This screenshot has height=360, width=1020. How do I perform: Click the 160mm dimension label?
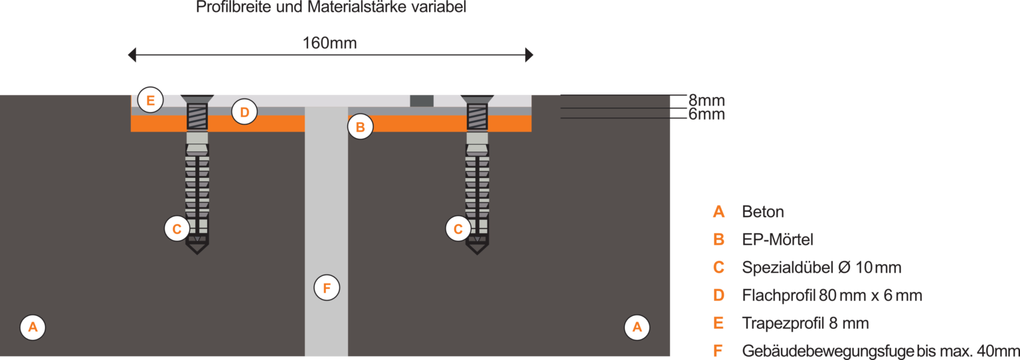coord(330,43)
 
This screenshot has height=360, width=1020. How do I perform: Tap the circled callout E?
coord(151,101)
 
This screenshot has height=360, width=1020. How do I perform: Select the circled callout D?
coord(244,112)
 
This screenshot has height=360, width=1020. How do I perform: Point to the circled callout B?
coord(360,127)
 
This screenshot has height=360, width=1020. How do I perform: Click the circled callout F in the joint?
coord(326,288)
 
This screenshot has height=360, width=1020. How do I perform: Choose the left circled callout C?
coord(177,228)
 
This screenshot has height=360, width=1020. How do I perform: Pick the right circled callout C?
coord(458,228)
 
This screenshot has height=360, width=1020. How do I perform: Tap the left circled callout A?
coord(33,327)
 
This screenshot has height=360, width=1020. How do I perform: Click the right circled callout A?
coord(637,327)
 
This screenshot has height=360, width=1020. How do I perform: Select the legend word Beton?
coord(763,212)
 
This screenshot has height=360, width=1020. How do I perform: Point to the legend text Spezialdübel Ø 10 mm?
coord(821,268)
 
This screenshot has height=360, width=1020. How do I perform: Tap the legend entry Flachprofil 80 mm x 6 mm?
coord(831,296)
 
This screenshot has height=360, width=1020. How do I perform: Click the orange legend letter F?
coord(718,351)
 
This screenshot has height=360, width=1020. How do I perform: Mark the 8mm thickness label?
coord(706,101)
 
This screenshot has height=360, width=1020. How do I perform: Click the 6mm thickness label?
coord(706,115)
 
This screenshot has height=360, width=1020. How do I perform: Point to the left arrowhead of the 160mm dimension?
coord(132,55)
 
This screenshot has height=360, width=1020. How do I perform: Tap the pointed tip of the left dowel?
coord(197,252)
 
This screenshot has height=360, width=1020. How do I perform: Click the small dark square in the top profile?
coord(422,101)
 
